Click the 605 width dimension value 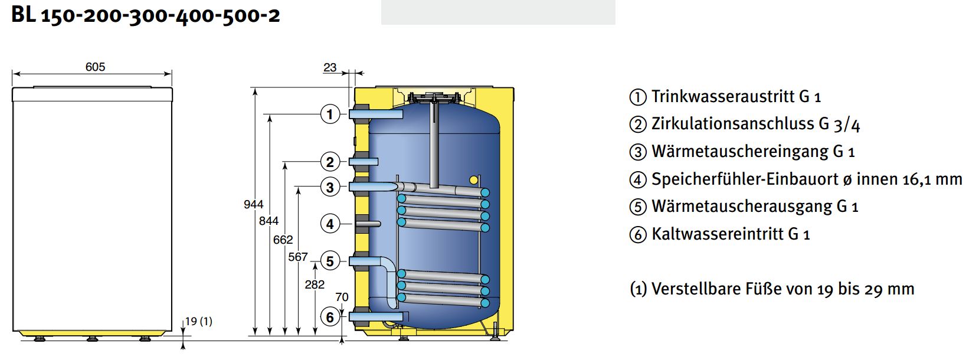(x=95, y=67)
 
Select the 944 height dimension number (x=254, y=204)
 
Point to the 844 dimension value (x=269, y=221)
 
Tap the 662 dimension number (x=283, y=240)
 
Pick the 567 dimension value (x=297, y=257)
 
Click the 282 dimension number (x=315, y=284)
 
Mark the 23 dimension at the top (x=330, y=67)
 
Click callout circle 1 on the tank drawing (x=330, y=114)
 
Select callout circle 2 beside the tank (x=330, y=162)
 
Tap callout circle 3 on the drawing (x=330, y=188)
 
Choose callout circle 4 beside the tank (x=330, y=224)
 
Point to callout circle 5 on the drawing (x=330, y=261)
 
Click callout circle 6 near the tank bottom (x=330, y=317)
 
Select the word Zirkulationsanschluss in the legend (x=738, y=124)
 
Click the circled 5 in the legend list (x=638, y=207)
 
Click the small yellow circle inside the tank (x=474, y=180)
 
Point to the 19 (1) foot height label (x=198, y=321)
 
